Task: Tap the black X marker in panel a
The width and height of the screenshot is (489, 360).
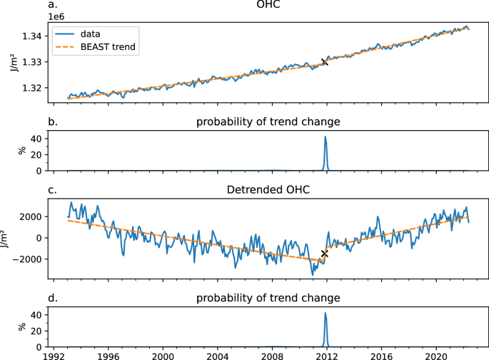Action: (x=325, y=62)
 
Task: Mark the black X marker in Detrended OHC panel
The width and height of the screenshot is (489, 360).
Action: (x=325, y=254)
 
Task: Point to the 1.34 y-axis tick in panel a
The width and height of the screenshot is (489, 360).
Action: (x=35, y=36)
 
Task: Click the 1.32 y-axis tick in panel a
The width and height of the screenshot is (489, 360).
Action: (x=35, y=88)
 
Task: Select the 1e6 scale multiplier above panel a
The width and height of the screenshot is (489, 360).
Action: (x=57, y=16)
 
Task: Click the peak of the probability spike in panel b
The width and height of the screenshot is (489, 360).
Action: (x=326, y=136)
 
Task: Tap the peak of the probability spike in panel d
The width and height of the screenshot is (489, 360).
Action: (x=326, y=313)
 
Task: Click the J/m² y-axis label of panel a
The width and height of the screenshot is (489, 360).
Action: (x=12, y=62)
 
